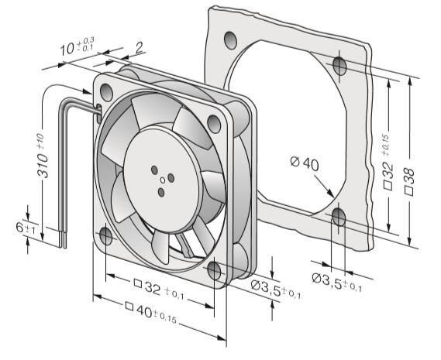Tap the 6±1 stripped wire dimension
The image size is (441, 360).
pos(26,228)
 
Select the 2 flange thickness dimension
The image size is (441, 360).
pos(140,48)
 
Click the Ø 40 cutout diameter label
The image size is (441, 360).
pos(305,164)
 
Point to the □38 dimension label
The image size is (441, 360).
pos(409,181)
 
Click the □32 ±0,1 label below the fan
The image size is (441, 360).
pos(159,290)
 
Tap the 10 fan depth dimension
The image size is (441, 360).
pos(77,46)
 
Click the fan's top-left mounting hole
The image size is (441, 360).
pos(106,92)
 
